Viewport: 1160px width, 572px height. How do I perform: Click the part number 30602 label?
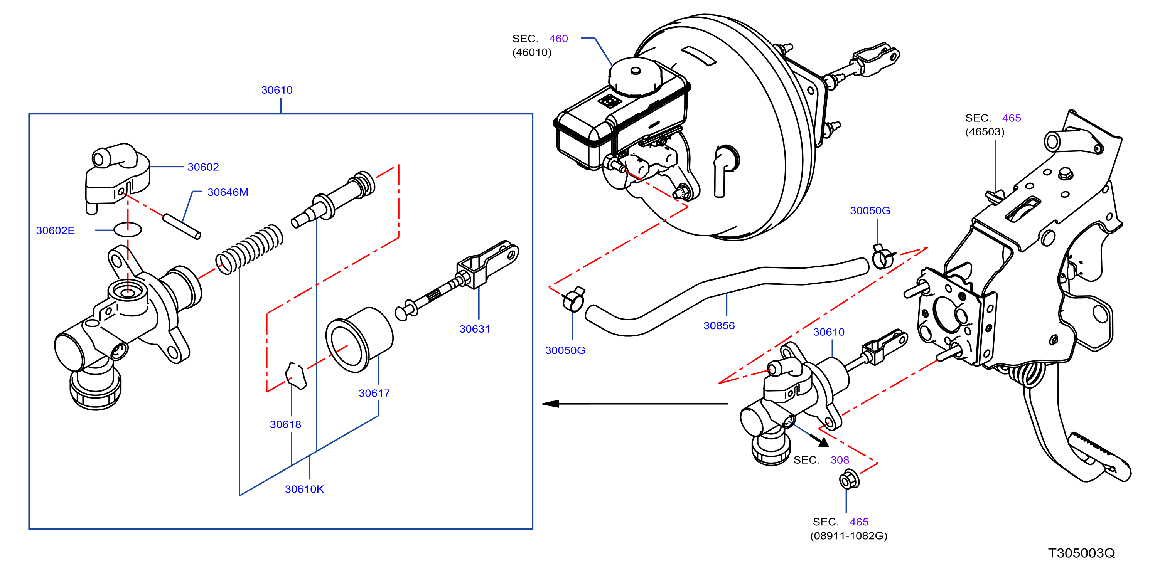coord(203,167)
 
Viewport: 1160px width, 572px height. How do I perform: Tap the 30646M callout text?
coord(228,192)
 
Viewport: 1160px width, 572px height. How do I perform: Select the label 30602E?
coord(56,230)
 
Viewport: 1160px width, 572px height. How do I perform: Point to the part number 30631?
coord(475,329)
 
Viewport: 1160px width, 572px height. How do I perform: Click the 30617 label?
coord(374,393)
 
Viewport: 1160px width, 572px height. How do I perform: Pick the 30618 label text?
coord(285,424)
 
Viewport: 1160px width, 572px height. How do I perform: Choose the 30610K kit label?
coord(304,489)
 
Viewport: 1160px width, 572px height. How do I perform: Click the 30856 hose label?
coord(719,325)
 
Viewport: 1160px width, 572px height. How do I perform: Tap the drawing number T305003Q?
coord(1082,553)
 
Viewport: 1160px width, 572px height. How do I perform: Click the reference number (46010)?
coord(532,52)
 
